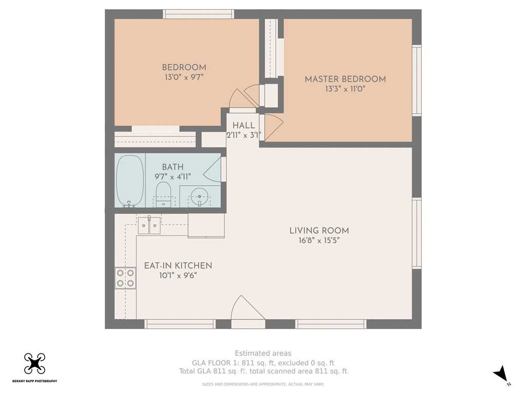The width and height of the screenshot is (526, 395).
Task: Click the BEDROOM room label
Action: click(184, 67)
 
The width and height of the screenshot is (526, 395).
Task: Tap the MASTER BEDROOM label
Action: click(345, 79)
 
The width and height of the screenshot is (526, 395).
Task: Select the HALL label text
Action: click(243, 125)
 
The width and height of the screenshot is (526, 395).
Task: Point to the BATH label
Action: click(173, 167)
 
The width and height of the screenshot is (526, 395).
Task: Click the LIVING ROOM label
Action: click(319, 231)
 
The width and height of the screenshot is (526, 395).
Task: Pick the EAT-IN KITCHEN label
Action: click(178, 266)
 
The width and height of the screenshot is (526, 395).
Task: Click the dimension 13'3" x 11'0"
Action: click(345, 89)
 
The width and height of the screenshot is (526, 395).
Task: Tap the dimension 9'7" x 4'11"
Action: click(173, 176)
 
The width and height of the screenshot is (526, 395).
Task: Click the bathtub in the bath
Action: click(130, 181)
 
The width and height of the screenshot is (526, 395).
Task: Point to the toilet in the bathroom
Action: click(163, 194)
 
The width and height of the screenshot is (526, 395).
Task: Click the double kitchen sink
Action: click(149, 225)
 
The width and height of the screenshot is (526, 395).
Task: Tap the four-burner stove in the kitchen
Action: click(125, 278)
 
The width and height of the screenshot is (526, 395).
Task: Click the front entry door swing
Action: click(244, 308)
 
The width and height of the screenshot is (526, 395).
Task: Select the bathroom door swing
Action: click(212, 170)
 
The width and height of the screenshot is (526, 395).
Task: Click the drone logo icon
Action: click(34, 364)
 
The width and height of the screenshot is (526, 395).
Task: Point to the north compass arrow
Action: click(500, 373)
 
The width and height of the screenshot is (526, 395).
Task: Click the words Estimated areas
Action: click(263, 353)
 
